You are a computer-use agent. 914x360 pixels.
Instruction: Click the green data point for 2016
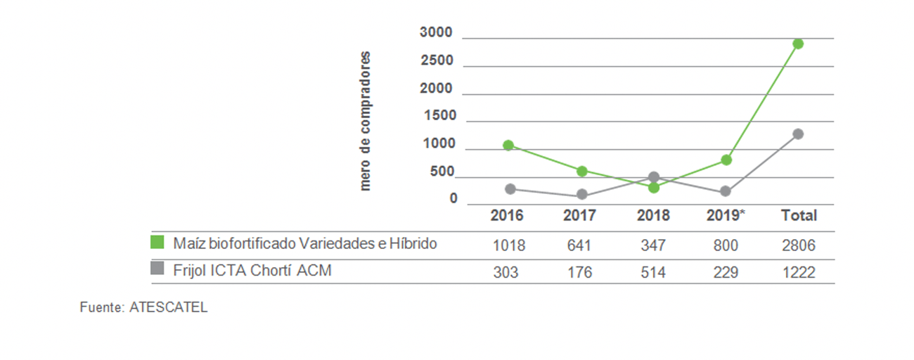pyautogui.click(x=508, y=146)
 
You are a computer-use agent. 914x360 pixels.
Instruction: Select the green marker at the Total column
pyautogui.click(x=798, y=44)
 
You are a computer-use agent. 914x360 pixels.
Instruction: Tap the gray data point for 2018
pyautogui.click(x=654, y=177)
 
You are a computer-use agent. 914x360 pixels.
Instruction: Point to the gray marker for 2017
pyautogui.click(x=582, y=195)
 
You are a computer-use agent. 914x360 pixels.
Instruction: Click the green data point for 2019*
pyautogui.click(x=726, y=160)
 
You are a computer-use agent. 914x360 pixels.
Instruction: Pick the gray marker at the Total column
pyautogui.click(x=798, y=134)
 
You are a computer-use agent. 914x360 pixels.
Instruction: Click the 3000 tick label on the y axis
pyautogui.click(x=436, y=32)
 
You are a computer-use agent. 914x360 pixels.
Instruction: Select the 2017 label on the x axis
pyautogui.click(x=580, y=215)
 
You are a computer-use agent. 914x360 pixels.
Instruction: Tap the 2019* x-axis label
pyautogui.click(x=726, y=215)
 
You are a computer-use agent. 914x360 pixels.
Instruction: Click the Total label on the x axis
pyautogui.click(x=799, y=215)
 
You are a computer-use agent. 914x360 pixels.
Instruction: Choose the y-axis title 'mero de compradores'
pyautogui.click(x=364, y=121)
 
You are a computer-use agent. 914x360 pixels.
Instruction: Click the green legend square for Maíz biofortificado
pyautogui.click(x=157, y=243)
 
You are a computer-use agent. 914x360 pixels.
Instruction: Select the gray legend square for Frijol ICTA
pyautogui.click(x=157, y=268)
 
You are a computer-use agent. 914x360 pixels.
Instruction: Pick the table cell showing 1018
pyautogui.click(x=508, y=246)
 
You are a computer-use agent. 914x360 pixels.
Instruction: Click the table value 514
pyautogui.click(x=653, y=272)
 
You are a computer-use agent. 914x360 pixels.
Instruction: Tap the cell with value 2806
pyautogui.click(x=799, y=246)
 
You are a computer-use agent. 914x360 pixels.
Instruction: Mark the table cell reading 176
pyautogui.click(x=581, y=272)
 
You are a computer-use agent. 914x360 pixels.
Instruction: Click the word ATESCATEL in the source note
pyautogui.click(x=169, y=308)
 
